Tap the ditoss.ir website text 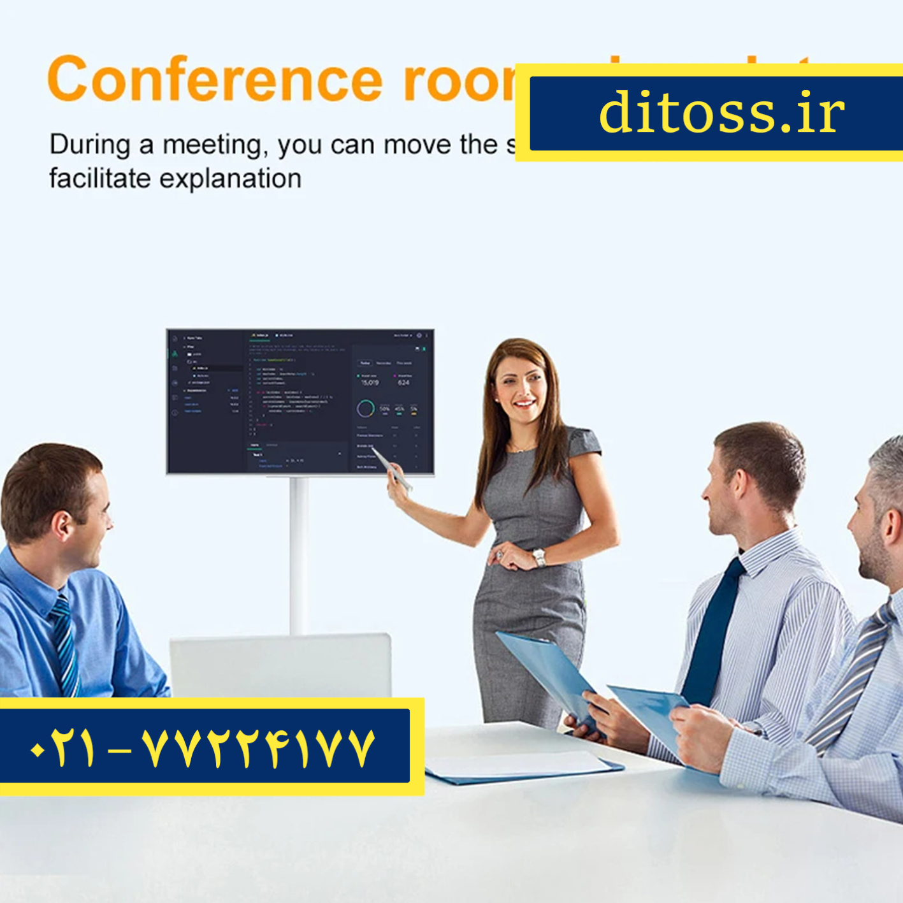pyautogui.click(x=721, y=112)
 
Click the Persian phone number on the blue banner pyautogui.click(x=203, y=747)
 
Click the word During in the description pyautogui.click(x=89, y=145)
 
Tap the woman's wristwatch pyautogui.click(x=539, y=558)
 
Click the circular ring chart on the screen pyautogui.click(x=366, y=408)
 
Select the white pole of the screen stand pyautogui.click(x=298, y=554)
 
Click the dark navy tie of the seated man pyautogui.click(x=712, y=631)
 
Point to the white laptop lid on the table pyautogui.click(x=280, y=665)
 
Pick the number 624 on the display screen pyautogui.click(x=403, y=383)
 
